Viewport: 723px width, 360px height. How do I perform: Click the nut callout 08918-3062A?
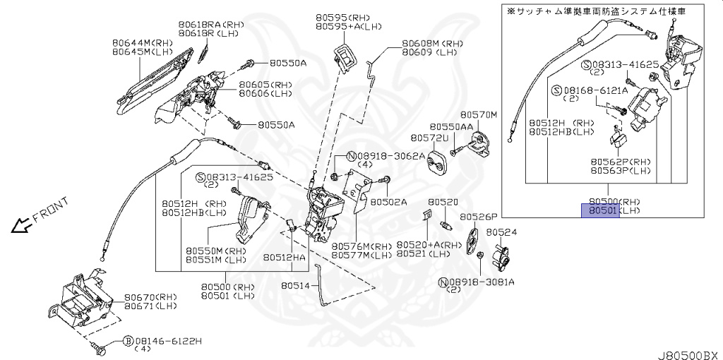[390, 155]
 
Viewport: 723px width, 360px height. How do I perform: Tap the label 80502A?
[390, 202]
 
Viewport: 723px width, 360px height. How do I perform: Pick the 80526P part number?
[479, 217]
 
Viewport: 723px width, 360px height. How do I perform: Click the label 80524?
[501, 232]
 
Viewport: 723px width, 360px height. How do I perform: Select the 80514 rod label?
[295, 286]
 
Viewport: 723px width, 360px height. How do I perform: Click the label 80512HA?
[285, 258]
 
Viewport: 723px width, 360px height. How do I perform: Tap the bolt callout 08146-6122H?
[157, 340]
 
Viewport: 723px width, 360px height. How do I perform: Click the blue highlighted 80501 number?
[599, 210]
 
